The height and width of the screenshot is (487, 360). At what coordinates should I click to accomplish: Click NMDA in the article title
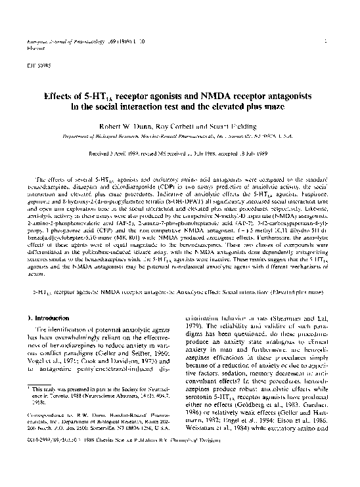pyautogui.click(x=204, y=95)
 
